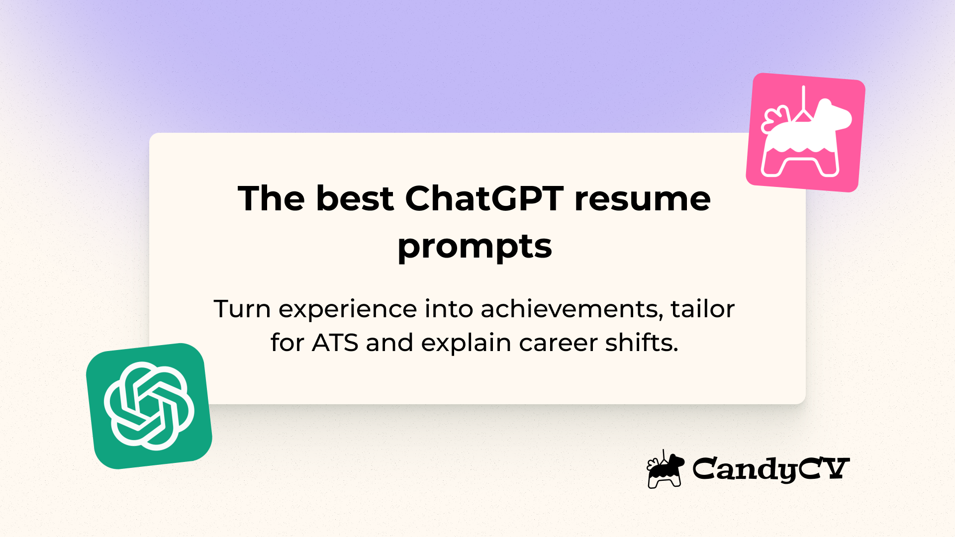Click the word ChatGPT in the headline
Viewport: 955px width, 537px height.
coord(484,199)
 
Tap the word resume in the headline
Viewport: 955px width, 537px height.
coord(642,199)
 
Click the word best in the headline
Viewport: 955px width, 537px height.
coord(355,199)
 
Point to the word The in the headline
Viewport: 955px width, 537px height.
coord(271,199)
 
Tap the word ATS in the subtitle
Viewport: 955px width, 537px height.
coord(335,343)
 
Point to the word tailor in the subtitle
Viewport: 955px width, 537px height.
coord(702,309)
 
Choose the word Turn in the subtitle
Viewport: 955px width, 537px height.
coord(242,309)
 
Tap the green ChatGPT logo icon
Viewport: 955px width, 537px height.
coord(149,406)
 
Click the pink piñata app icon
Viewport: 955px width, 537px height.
coord(805,132)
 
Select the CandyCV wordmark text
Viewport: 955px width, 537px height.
coord(770,469)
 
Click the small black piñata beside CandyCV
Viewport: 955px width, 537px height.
coord(665,470)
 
